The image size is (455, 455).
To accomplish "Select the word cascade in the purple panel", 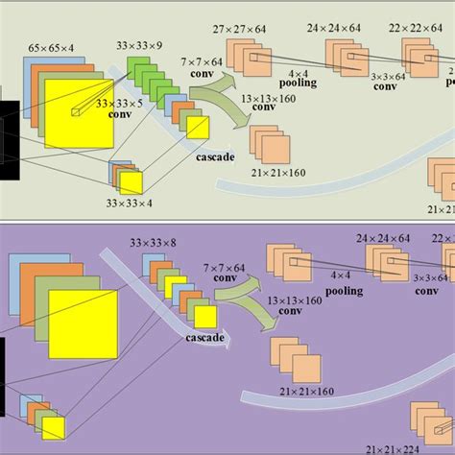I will [x=204, y=338].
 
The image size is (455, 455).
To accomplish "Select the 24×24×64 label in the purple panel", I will [x=383, y=237].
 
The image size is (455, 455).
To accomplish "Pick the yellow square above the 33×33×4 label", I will [x=130, y=182].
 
